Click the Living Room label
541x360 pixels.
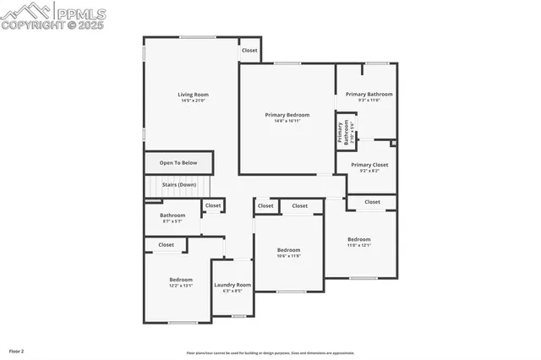pos(193,95)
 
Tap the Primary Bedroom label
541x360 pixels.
pos(287,115)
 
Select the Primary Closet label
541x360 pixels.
pos(369,165)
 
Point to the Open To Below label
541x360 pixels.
pos(178,163)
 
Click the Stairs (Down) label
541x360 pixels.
pos(179,184)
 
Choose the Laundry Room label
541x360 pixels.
pos(232,286)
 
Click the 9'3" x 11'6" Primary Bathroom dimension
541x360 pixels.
pos(369,101)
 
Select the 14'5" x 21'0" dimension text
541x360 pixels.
pos(193,101)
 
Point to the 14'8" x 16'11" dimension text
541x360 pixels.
pos(287,121)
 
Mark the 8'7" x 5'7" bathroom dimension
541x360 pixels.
pos(172,221)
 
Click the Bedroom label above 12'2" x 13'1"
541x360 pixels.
pos(181,280)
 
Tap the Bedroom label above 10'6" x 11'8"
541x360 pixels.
pos(289,250)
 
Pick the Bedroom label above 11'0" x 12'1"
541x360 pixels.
pos(358,240)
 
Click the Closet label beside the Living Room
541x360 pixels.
pos(249,50)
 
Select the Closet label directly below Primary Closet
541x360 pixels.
pos(372,202)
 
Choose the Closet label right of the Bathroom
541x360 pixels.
pos(213,205)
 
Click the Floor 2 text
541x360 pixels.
pos(17,350)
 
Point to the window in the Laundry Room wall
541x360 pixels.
pos(238,316)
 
